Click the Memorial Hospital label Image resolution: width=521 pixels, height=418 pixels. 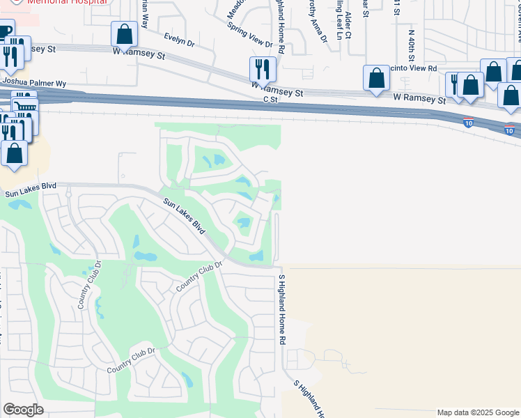[68, 2]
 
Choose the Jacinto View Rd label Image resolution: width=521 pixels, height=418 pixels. [412, 68]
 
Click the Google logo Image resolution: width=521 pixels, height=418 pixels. [23, 410]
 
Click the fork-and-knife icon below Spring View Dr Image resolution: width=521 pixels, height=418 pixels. [263, 68]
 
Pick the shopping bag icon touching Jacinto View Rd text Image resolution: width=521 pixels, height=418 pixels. [376, 78]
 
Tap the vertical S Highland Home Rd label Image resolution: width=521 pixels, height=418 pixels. [282, 310]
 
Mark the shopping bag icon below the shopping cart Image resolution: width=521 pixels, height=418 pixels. [14, 152]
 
